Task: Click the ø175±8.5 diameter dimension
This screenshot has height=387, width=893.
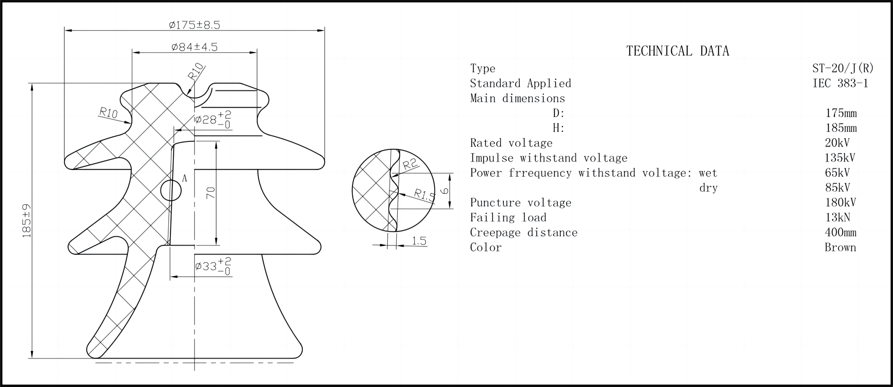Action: coord(194,25)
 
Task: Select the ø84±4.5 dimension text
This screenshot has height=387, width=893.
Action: coord(194,47)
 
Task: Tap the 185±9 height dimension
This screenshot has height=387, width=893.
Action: coord(27,221)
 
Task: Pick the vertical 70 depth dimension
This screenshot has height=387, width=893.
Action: coord(211,193)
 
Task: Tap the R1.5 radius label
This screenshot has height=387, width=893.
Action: coord(424,195)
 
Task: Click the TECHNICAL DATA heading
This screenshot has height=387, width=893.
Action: coord(678,51)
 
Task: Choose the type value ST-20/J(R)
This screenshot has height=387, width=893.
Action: coord(843,68)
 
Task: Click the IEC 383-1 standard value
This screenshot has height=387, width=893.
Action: coord(840,83)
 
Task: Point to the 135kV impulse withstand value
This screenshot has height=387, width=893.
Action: coord(840,158)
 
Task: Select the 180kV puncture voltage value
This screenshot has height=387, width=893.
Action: coord(840,202)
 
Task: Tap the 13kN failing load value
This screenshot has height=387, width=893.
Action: coord(838,217)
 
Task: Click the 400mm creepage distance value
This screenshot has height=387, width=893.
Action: coord(841,232)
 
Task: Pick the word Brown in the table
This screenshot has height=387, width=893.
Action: coord(840,247)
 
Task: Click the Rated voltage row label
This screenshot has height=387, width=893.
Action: coord(511,143)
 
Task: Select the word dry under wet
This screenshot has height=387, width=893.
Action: coord(708,188)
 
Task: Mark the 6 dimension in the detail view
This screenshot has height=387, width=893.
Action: coord(444,191)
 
